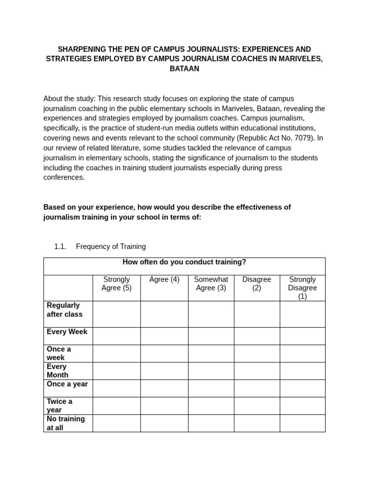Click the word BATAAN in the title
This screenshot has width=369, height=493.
(184, 69)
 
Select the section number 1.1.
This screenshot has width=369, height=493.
(60, 246)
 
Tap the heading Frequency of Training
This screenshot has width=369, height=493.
(111, 246)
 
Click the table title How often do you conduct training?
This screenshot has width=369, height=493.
(184, 262)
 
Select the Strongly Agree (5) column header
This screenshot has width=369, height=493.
(116, 284)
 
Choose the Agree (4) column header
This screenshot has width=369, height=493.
(164, 280)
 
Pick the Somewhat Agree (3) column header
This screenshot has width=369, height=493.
(211, 284)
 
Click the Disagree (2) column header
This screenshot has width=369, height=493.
(257, 284)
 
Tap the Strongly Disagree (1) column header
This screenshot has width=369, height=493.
(302, 288)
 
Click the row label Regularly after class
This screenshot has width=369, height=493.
(64, 310)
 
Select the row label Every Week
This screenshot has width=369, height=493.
(67, 332)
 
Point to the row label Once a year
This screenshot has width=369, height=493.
(67, 384)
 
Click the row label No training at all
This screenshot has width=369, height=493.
(66, 423)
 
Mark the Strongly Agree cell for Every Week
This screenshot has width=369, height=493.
(116, 336)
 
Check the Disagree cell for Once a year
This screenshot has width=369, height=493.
(257, 388)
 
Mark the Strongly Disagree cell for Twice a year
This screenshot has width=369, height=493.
(302, 405)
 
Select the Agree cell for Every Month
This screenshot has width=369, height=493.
(164, 371)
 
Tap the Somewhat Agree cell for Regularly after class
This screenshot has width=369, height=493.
(211, 314)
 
